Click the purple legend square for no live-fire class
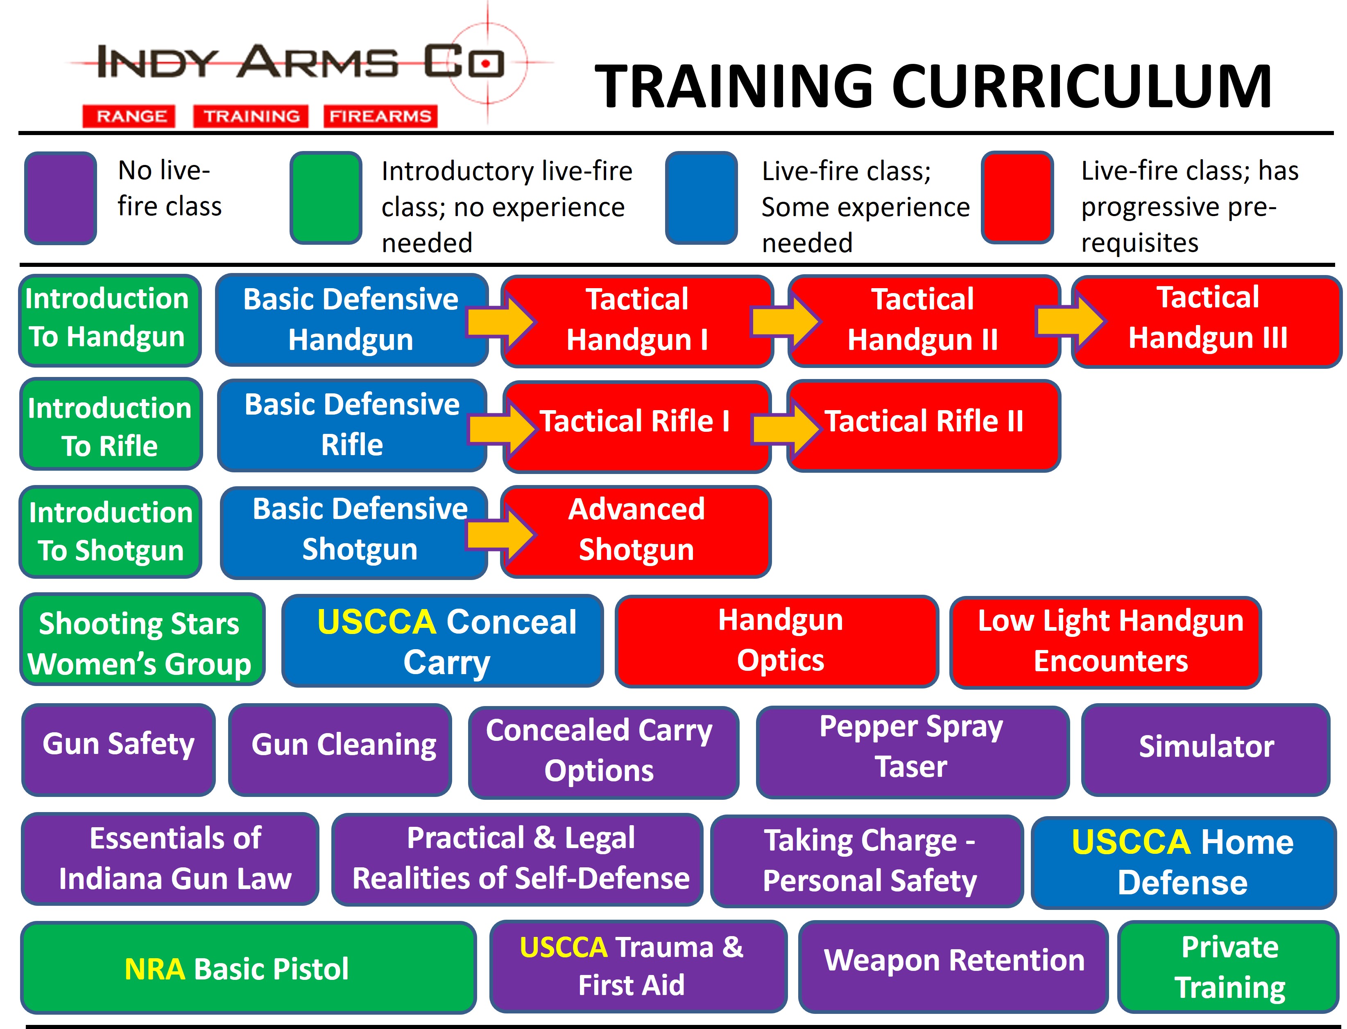pos(60,198)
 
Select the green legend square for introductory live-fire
pos(326,198)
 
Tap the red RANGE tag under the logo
pos(129,116)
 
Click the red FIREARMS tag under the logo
pos(380,116)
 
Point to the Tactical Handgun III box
pos(1207,321)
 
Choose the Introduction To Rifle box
pos(110,424)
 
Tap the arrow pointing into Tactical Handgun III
pos(1071,321)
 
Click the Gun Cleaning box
pos(340,750)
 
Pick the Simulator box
pos(1205,750)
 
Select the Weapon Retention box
pos(953,966)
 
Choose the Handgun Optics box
pos(777,641)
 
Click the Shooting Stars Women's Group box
pos(142,639)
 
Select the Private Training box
pos(1228,966)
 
